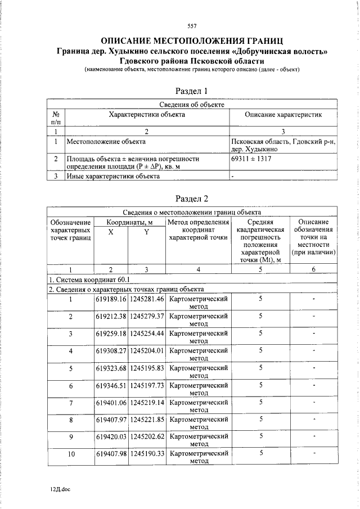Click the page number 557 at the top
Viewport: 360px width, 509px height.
192,26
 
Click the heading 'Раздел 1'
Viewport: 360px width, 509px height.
192,90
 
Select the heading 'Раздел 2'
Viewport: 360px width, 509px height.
192,198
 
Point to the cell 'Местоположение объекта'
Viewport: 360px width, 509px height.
102,141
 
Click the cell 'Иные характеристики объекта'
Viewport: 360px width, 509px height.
112,176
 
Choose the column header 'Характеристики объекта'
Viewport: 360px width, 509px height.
147,114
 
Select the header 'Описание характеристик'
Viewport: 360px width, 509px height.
283,114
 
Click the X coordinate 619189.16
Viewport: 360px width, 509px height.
111,299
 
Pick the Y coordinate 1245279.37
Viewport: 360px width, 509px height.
146,316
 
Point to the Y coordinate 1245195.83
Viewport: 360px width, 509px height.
146,368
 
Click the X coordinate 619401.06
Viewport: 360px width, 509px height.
111,403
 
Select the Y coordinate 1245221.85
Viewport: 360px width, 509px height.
146,420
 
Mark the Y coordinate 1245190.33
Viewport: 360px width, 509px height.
146,454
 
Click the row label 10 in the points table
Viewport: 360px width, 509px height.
71,454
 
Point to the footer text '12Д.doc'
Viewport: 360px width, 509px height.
60,489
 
